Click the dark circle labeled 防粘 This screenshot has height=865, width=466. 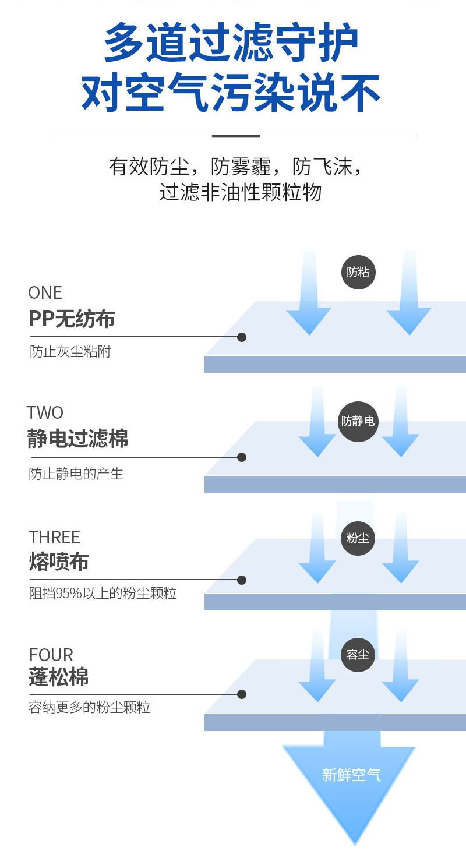point(358,271)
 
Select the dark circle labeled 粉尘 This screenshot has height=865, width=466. point(358,538)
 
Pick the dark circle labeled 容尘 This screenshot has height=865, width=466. point(358,655)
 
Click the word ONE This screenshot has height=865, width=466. point(45,292)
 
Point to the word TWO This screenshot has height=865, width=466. point(45,412)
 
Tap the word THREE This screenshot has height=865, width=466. point(54,537)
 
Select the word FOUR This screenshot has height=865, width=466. point(51,655)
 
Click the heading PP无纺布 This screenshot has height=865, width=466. point(72,319)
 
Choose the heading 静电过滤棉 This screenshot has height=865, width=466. point(77,439)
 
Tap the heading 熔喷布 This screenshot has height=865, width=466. point(59,562)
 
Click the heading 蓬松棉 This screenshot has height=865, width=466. point(59,677)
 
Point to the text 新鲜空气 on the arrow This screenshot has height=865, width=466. point(351,775)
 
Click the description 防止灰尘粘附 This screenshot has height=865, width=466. point(70,352)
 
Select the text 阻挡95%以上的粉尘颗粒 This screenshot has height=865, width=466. point(103,594)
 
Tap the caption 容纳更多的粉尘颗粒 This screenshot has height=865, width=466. point(90,708)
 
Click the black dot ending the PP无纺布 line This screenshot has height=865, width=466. point(242,337)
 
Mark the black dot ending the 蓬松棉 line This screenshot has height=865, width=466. point(242,694)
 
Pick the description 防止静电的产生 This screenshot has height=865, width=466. point(76,474)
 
